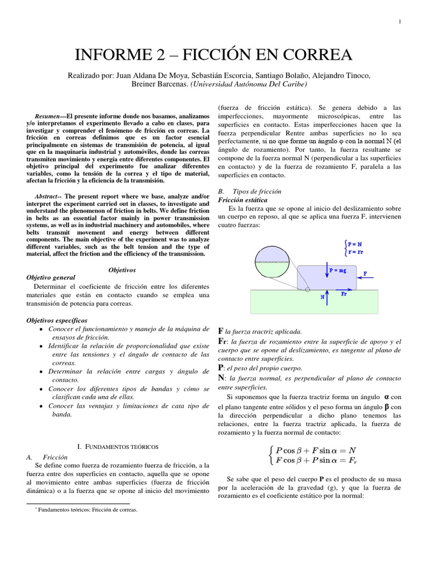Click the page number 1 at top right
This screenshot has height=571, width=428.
[x=400, y=22]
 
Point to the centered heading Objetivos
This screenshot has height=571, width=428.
[x=122, y=270]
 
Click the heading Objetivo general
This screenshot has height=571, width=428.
[x=51, y=277]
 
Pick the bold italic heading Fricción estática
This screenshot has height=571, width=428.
[x=242, y=200]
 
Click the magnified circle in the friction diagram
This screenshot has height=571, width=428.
[x=273, y=263]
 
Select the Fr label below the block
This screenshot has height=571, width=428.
[x=344, y=294]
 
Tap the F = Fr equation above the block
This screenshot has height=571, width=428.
[x=355, y=252]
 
